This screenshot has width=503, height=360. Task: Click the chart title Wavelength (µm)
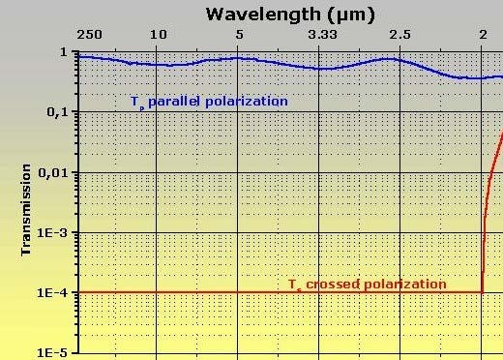pyautogui.click(x=290, y=14)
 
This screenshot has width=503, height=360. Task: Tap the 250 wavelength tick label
pyautogui.click(x=89, y=37)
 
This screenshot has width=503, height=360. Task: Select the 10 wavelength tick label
pyautogui.click(x=159, y=37)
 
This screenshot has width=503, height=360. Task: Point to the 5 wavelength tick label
pyautogui.click(x=239, y=37)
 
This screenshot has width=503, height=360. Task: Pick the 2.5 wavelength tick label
pyautogui.click(x=399, y=37)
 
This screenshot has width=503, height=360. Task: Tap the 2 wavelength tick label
pyautogui.click(x=483, y=37)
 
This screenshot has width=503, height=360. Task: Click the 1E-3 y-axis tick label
pyautogui.click(x=54, y=233)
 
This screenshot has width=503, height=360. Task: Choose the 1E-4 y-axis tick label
pyautogui.click(x=54, y=293)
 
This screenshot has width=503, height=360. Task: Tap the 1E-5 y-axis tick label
pyautogui.click(x=54, y=353)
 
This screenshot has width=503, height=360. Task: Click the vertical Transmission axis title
pyautogui.click(x=27, y=207)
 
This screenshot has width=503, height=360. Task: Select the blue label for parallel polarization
pyautogui.click(x=209, y=101)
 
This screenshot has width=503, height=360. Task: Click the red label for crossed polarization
pyautogui.click(x=368, y=285)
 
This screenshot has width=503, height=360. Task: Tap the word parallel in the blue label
pyautogui.click(x=173, y=101)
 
